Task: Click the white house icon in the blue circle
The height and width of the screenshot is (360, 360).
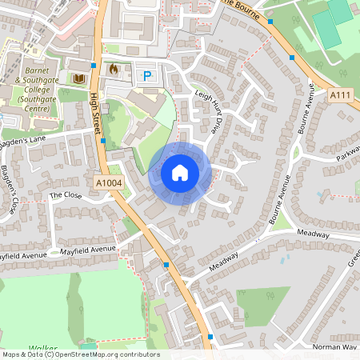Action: pos(180,172)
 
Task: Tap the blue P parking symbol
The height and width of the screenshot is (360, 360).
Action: pos(147,76)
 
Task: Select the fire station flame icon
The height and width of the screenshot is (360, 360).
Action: pos(113,70)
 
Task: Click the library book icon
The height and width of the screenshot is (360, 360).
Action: pos(78,78)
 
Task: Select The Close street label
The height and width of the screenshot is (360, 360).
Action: pos(66,194)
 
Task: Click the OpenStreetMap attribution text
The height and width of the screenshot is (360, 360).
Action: pos(80,354)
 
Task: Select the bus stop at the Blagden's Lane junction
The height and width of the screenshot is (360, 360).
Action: pos(103,141)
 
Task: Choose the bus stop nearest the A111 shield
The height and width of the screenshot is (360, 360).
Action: pos(292,58)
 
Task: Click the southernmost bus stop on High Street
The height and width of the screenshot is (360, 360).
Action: pos(210,336)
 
